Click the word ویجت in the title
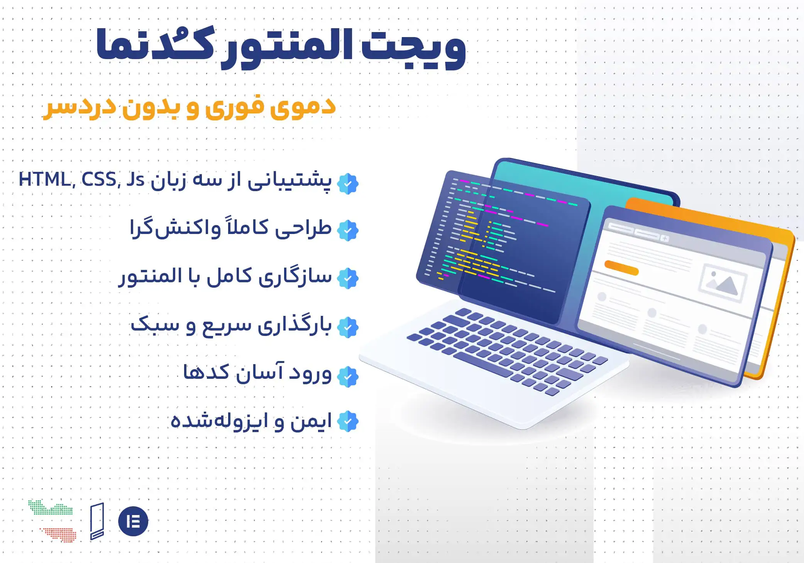(413, 48)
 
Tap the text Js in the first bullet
(135, 180)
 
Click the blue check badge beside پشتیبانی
(348, 183)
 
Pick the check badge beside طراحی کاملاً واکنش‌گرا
(348, 231)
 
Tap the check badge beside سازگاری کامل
(348, 278)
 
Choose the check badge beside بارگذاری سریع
(348, 327)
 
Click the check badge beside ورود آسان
(348, 376)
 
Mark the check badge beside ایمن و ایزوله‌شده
(348, 421)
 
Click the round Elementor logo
(133, 521)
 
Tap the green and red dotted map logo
(52, 521)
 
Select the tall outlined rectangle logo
(97, 521)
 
